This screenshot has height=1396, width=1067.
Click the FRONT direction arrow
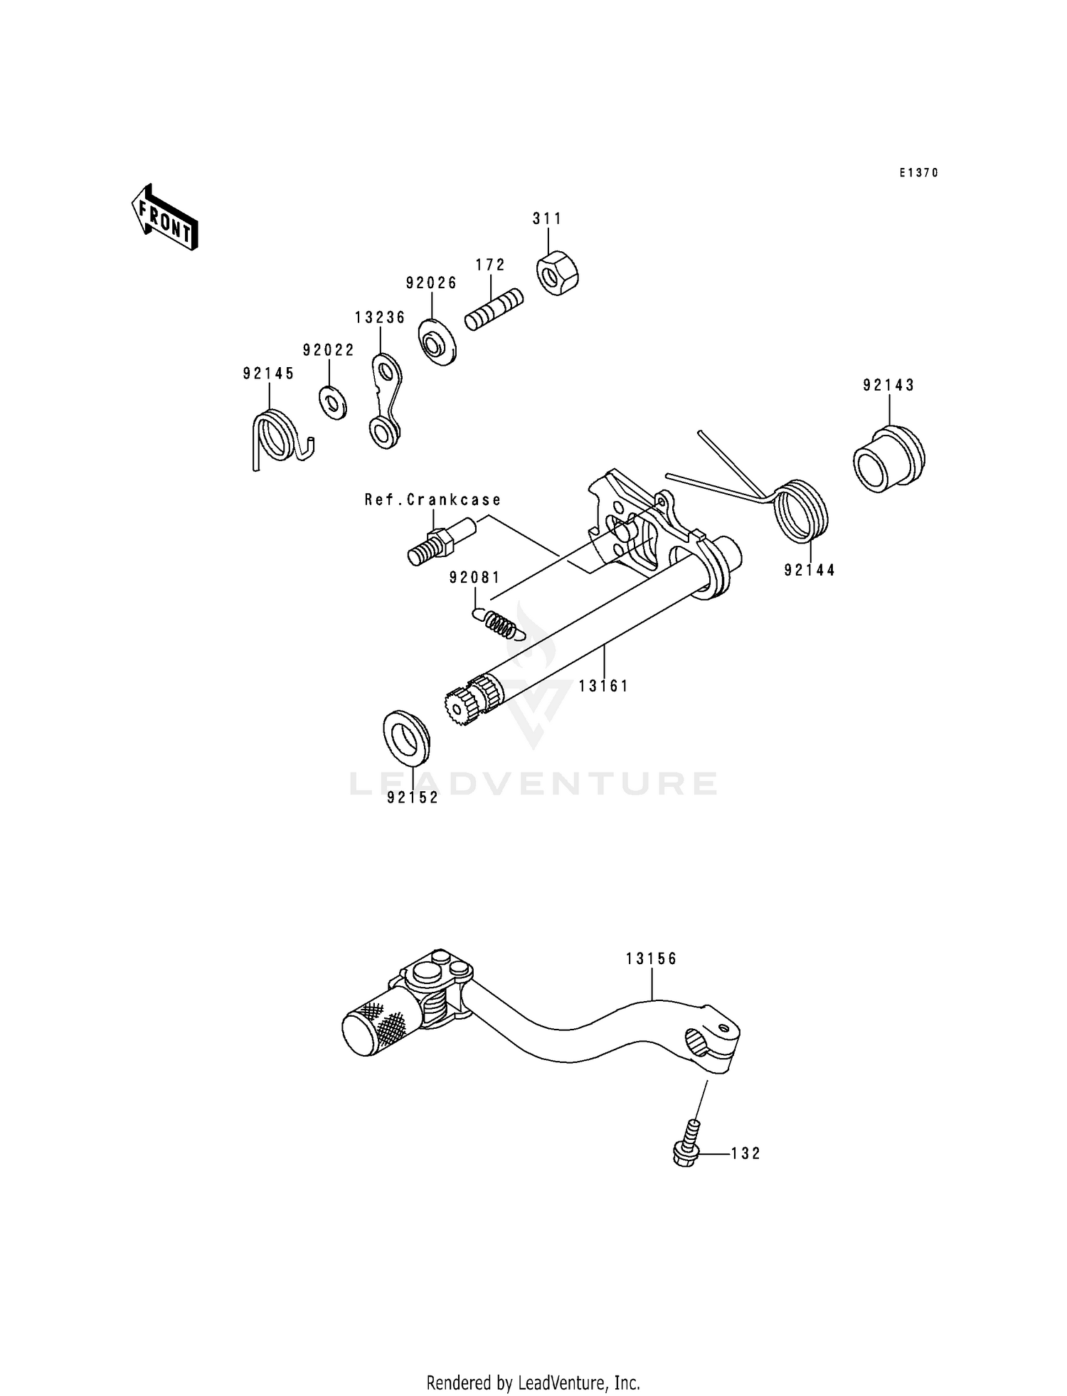164,218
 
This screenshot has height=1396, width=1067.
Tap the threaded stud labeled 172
494,309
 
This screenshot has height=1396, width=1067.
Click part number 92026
431,282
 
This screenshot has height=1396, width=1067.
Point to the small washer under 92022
332,403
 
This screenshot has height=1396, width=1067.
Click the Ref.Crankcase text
432,499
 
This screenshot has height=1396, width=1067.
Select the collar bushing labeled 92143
888,458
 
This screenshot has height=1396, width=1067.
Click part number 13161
603,686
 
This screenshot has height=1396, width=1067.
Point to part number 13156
651,958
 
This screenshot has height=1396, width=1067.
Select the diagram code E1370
918,173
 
